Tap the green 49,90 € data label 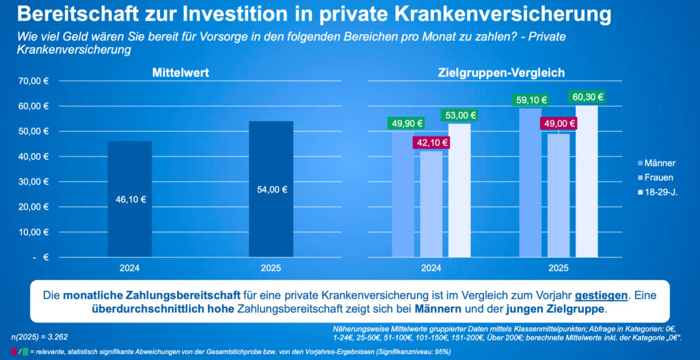pos(407,124)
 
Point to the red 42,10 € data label pos(431,143)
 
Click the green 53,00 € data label pos(459,115)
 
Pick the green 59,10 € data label pos(530,100)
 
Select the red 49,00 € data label pos(558,124)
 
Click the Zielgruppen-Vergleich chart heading pos(501,72)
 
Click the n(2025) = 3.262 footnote pos(40,337)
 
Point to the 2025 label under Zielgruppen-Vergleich pos(558,268)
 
